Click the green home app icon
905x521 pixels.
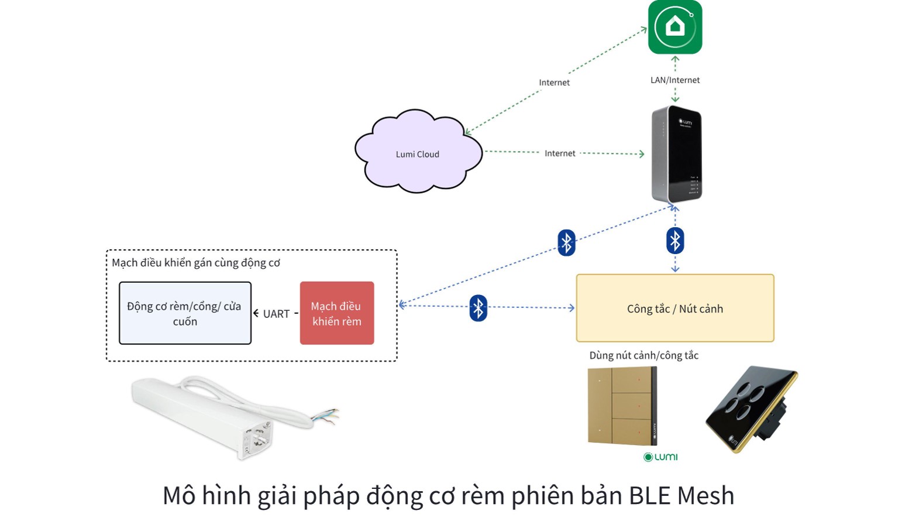click(x=675, y=28)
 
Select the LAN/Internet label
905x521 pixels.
click(x=675, y=80)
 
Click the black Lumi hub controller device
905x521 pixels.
click(x=676, y=154)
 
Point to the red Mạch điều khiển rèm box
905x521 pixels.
click(x=336, y=313)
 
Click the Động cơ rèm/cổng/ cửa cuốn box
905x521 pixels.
click(x=185, y=313)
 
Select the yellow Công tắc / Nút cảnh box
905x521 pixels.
click(x=675, y=309)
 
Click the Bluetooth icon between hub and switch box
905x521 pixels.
click(x=675, y=241)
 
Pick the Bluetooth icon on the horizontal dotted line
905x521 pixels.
click(x=478, y=307)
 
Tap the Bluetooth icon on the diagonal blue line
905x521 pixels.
click(x=566, y=242)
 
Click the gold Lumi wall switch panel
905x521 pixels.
click(x=621, y=405)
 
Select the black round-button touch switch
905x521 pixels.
click(x=751, y=407)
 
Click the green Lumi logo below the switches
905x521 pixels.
click(x=660, y=457)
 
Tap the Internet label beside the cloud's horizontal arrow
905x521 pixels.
click(x=559, y=153)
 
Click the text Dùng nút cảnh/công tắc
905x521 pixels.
click(x=644, y=355)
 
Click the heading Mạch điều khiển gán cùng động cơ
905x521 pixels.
click(x=195, y=263)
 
